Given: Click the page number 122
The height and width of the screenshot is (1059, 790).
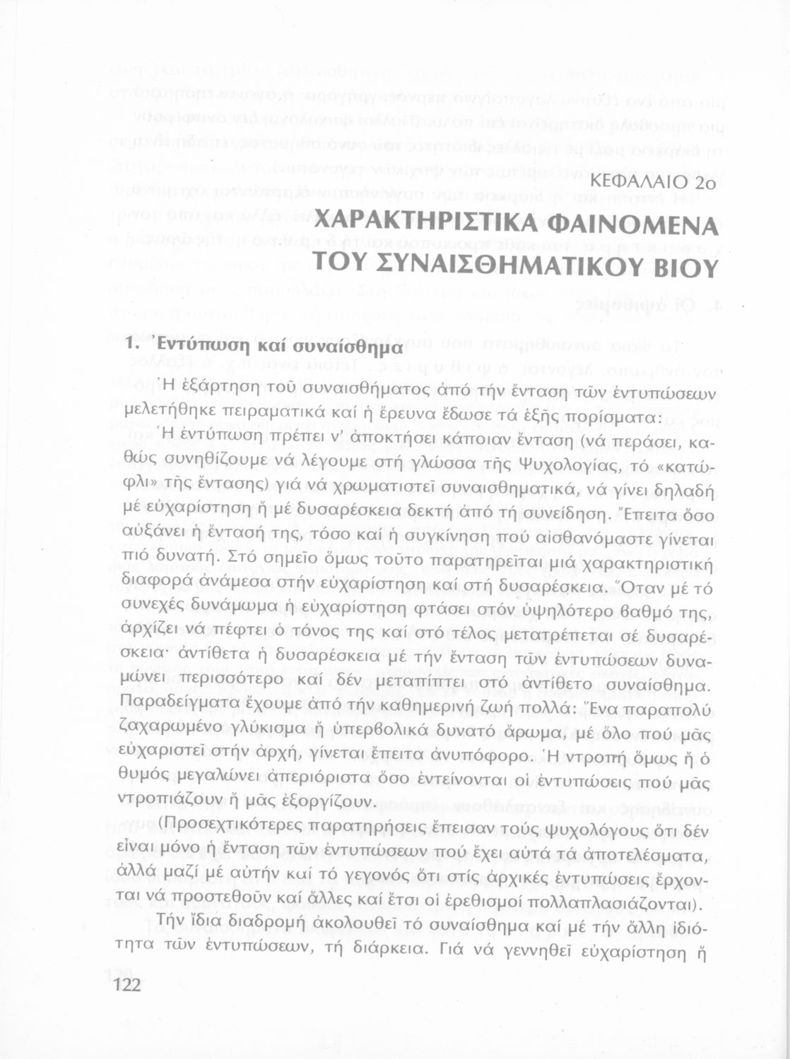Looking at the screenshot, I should tap(126, 984).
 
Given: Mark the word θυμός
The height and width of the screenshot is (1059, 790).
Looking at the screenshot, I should tap(143, 780).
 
